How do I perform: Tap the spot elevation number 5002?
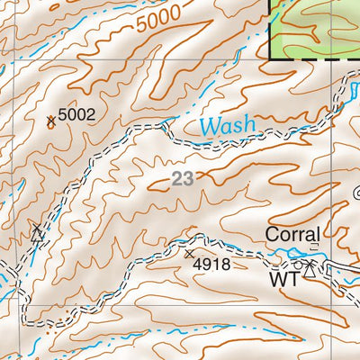pyautogui.click(x=76, y=114)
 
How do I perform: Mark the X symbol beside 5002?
pyautogui.click(x=50, y=120)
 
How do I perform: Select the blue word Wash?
pyautogui.click(x=227, y=125)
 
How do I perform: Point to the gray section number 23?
pyautogui.click(x=183, y=178)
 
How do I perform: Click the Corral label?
pyautogui.click(x=292, y=234)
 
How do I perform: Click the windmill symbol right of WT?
pyautogui.click(x=310, y=266)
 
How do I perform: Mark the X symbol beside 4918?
pyautogui.click(x=190, y=255)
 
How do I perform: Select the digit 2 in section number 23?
pyautogui.click(x=177, y=178)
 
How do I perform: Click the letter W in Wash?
pyautogui.click(x=209, y=125)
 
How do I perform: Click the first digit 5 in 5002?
pyautogui.click(x=63, y=114)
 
